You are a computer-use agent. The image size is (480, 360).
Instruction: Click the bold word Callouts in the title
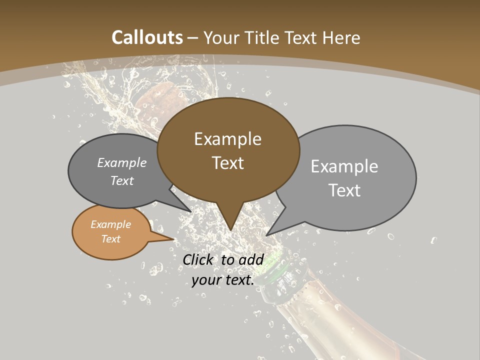click(x=147, y=37)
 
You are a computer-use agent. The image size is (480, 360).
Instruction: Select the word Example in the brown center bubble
click(x=227, y=139)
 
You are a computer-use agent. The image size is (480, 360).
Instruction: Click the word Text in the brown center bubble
click(x=228, y=163)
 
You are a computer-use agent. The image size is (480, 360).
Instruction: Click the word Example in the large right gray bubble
click(x=344, y=166)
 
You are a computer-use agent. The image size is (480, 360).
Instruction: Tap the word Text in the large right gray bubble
click(x=345, y=190)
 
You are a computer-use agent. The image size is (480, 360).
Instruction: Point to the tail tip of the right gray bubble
click(x=267, y=234)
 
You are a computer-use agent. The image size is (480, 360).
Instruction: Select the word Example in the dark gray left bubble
click(x=122, y=163)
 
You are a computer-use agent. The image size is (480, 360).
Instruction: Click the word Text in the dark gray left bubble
click(x=122, y=180)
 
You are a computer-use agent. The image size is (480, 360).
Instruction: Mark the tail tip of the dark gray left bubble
click(x=191, y=212)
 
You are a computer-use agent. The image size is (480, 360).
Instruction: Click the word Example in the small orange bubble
click(x=111, y=224)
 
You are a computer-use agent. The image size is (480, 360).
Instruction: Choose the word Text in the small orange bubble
click(x=111, y=239)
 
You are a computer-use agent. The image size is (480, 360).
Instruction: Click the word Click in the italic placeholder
click(x=197, y=259)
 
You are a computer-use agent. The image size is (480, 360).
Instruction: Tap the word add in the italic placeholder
click(x=251, y=259)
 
